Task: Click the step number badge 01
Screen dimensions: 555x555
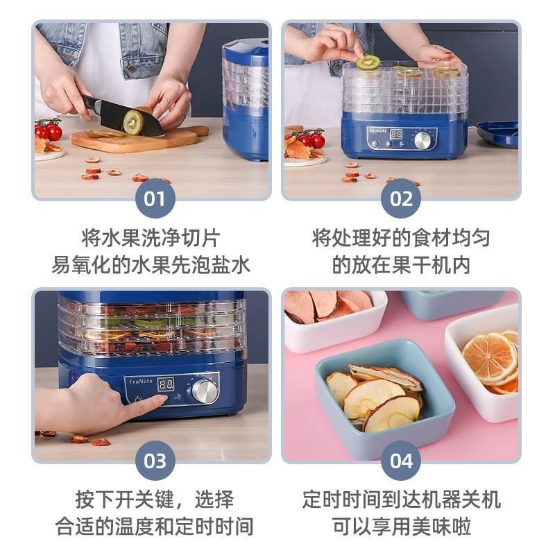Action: click(x=154, y=199)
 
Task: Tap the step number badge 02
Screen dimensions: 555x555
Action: click(x=401, y=199)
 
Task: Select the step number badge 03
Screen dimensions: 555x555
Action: click(x=154, y=461)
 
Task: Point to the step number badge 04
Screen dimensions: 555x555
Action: click(x=401, y=461)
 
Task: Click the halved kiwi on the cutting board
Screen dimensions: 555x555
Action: click(x=133, y=122)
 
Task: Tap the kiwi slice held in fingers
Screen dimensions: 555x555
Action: click(x=368, y=62)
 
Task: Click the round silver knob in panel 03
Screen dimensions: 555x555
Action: click(x=205, y=391)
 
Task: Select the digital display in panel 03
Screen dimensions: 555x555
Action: click(x=166, y=384)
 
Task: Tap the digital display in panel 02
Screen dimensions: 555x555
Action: click(x=396, y=134)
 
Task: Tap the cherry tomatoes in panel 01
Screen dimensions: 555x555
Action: click(x=49, y=129)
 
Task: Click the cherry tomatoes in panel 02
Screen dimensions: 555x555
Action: click(x=310, y=138)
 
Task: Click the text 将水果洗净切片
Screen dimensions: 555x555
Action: click(x=151, y=239)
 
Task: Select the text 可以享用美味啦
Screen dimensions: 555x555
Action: click(x=401, y=525)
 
